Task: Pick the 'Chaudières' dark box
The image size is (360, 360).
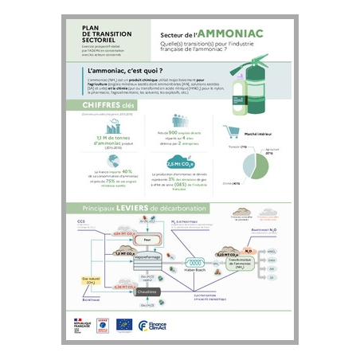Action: (147, 292)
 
